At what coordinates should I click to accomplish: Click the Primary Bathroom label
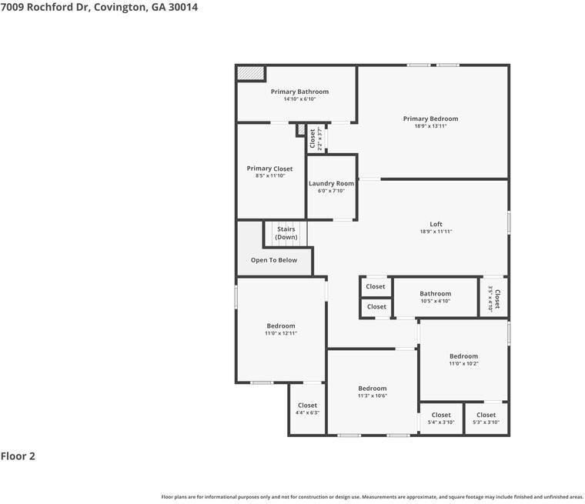click(x=299, y=92)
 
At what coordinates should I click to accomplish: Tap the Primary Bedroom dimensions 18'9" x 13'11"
click(x=430, y=126)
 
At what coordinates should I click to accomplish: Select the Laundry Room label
click(x=331, y=183)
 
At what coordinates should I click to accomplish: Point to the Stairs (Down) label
click(x=286, y=232)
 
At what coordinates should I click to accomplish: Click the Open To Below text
click(x=273, y=260)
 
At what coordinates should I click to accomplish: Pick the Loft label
click(x=436, y=225)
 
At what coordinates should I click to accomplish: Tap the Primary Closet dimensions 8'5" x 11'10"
click(x=270, y=175)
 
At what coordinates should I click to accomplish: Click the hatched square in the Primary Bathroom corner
click(x=250, y=73)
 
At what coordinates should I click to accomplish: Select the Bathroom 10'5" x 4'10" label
click(x=435, y=297)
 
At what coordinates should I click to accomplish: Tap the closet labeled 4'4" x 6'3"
click(x=307, y=409)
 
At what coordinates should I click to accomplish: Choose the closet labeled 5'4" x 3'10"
click(x=441, y=419)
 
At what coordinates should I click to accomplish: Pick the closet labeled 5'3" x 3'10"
click(x=486, y=419)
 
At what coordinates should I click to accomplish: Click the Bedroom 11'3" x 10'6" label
click(x=372, y=392)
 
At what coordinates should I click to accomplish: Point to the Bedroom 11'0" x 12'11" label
click(x=281, y=329)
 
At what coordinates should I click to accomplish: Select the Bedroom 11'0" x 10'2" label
click(x=463, y=359)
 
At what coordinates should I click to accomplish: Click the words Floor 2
click(x=18, y=456)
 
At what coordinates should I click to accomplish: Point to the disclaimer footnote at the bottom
click(x=372, y=496)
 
